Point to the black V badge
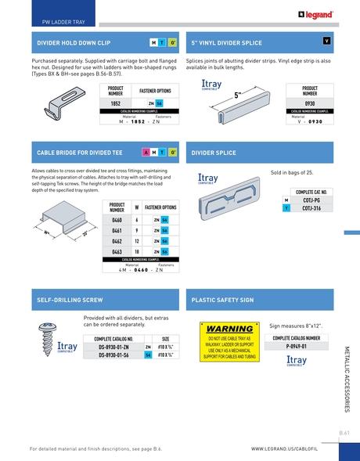click(326, 40)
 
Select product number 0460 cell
click(116, 220)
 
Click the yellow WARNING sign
click(229, 343)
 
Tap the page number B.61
click(344, 431)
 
